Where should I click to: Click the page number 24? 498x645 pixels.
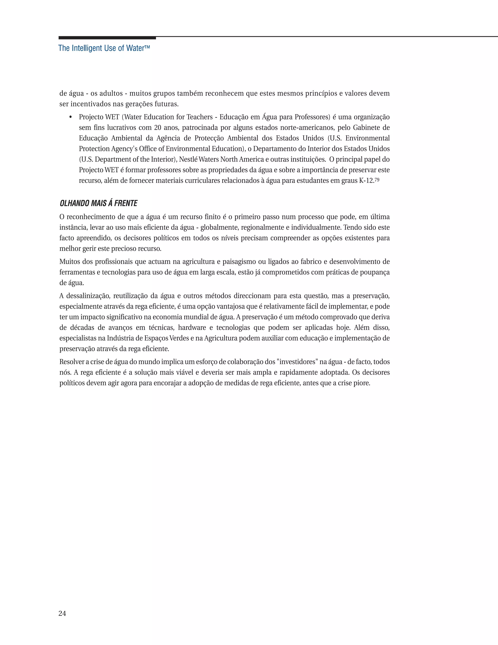tap(62, 613)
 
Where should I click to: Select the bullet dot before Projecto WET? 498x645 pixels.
tap(70, 117)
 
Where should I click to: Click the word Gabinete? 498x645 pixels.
tap(365, 128)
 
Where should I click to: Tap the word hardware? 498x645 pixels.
tap(192, 328)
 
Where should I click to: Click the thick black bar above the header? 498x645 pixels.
tap(107, 38)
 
